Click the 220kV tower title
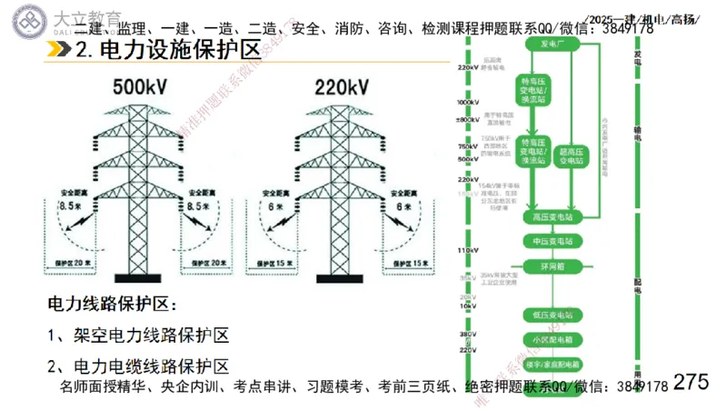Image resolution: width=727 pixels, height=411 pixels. (341, 87)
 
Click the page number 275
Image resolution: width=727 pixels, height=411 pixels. (692, 382)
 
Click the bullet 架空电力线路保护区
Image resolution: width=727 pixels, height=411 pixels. (137, 335)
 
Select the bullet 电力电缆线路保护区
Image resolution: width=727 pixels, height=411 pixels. (137, 366)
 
